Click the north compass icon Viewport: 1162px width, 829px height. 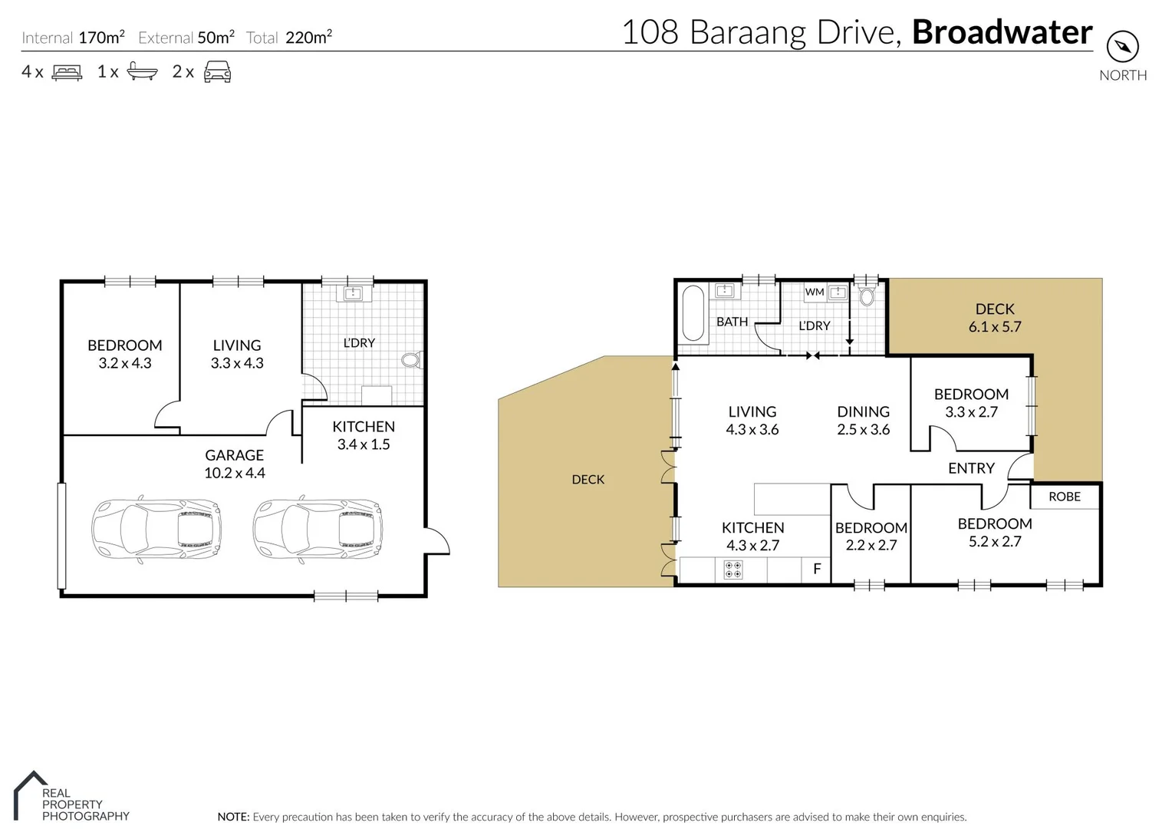(1122, 47)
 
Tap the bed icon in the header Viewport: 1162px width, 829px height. (67, 72)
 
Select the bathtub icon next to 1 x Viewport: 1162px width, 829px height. (142, 71)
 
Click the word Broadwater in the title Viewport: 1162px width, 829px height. (1002, 32)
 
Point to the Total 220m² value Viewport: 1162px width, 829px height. (308, 37)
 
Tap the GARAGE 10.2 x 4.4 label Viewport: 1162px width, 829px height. (234, 464)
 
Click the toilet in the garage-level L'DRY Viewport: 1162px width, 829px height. (411, 359)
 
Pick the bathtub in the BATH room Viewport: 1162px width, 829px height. (693, 313)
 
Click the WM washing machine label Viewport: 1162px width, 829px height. (814, 292)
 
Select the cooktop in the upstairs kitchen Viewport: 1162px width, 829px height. (733, 570)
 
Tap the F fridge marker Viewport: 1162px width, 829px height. (817, 569)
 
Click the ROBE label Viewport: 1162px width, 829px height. (1064, 497)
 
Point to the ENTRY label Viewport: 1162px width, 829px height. (971, 468)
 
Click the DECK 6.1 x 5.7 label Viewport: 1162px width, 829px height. (995, 318)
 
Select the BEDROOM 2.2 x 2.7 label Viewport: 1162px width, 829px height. (871, 537)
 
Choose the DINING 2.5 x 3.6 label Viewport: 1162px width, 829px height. (863, 421)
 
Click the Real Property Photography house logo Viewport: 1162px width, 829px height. (29, 794)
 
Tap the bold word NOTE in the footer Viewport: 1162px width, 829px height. (233, 817)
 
